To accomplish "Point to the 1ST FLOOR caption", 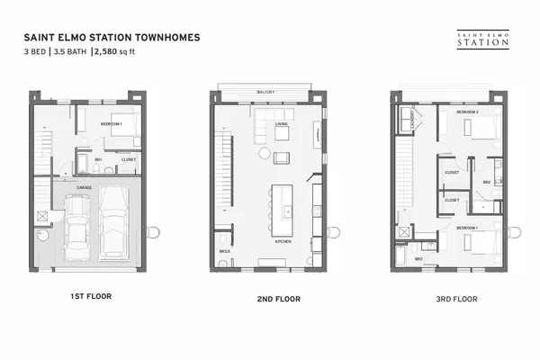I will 90,294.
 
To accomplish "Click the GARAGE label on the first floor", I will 84,187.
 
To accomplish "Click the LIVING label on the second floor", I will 281,123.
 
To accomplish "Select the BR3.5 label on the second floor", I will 223,251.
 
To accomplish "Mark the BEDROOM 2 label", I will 467,111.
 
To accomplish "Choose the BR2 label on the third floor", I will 486,181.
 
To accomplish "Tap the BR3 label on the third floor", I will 418,259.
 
